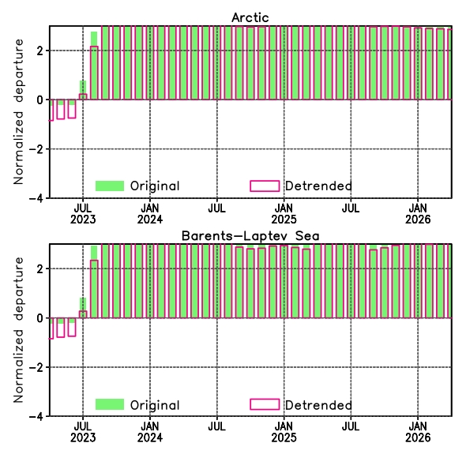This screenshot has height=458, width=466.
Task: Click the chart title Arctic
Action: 250,17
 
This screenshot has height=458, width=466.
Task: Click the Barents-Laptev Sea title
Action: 250,236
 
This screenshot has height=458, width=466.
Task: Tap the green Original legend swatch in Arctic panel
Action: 110,186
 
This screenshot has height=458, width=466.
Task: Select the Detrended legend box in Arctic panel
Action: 265,186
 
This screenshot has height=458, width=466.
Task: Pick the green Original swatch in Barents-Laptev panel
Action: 110,404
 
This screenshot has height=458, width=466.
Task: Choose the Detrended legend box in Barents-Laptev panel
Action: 265,404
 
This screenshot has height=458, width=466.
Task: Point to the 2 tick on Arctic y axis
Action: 40,51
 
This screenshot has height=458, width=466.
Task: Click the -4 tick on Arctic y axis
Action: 36,198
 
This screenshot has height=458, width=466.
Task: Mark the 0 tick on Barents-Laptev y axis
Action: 40,318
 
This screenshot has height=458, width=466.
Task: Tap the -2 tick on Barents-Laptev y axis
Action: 36,367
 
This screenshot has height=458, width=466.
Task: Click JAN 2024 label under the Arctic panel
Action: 150,214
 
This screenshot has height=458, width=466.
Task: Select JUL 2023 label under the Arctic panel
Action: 83,214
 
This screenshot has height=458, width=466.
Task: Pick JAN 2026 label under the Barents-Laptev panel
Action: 418,432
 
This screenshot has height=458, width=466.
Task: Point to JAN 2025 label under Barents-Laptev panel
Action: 284,432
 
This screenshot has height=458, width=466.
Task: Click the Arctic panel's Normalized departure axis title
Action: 18,112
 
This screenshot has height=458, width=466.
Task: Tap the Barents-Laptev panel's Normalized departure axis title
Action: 18,330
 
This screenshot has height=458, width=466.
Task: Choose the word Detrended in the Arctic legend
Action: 318,186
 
